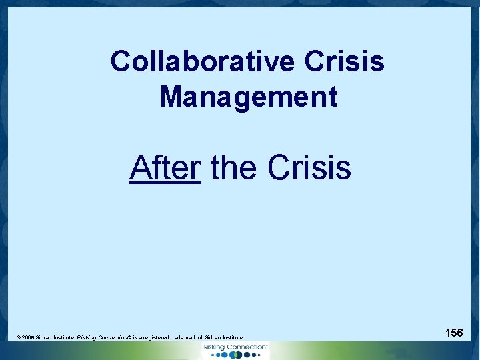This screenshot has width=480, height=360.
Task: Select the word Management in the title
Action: [249, 97]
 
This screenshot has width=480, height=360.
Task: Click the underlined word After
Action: [165, 167]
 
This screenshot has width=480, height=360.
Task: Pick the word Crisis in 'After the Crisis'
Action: [309, 167]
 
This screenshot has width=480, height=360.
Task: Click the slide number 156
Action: [455, 332]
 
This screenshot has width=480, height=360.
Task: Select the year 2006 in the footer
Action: [28, 338]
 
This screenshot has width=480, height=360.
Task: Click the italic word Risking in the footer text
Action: [87, 338]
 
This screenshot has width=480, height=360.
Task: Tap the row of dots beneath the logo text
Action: [236, 355]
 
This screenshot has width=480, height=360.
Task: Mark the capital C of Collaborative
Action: [121, 62]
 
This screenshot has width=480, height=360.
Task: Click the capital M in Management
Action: [171, 97]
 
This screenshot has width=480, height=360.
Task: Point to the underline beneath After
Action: [165, 182]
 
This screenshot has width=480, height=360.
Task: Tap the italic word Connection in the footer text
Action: [114, 338]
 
